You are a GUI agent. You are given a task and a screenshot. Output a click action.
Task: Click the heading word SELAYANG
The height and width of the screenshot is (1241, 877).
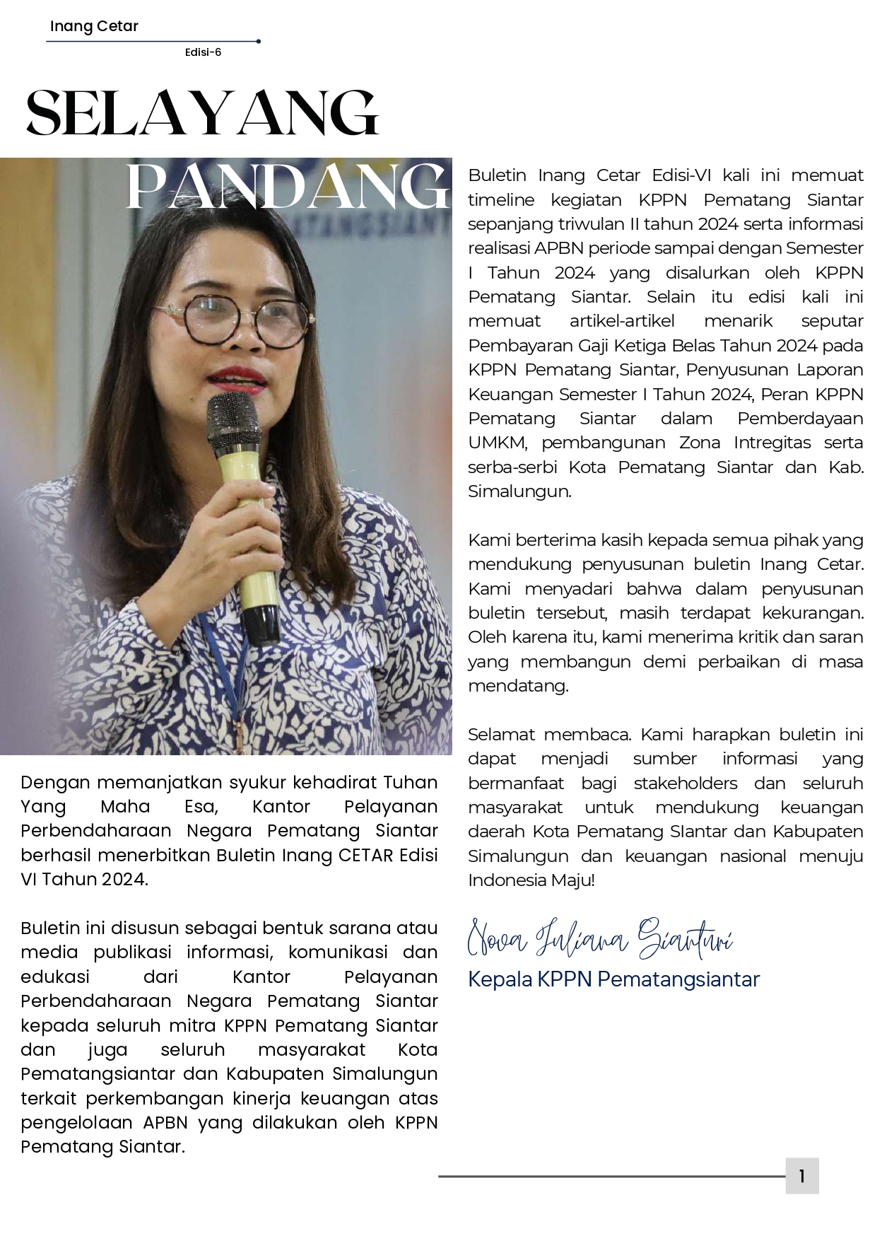click(202, 113)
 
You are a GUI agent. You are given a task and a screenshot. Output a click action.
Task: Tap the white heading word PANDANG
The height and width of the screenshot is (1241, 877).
click(287, 186)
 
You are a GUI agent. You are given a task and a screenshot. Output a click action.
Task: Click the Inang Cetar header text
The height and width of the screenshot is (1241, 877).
click(94, 26)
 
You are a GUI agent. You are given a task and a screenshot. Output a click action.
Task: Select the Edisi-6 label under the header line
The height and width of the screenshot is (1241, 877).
click(203, 52)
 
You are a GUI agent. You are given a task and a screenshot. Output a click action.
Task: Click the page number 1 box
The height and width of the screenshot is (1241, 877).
click(801, 1176)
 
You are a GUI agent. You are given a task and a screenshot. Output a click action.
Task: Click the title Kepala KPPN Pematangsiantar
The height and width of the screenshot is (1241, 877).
click(613, 979)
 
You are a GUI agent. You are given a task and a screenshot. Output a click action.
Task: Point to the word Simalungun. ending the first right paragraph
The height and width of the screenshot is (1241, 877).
click(519, 491)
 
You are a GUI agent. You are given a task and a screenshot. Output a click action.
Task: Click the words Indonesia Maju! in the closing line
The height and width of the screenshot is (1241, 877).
click(531, 880)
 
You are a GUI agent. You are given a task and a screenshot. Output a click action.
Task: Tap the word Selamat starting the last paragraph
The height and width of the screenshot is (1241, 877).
click(501, 734)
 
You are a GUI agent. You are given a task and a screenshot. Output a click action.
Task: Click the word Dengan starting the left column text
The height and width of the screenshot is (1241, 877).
click(55, 782)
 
